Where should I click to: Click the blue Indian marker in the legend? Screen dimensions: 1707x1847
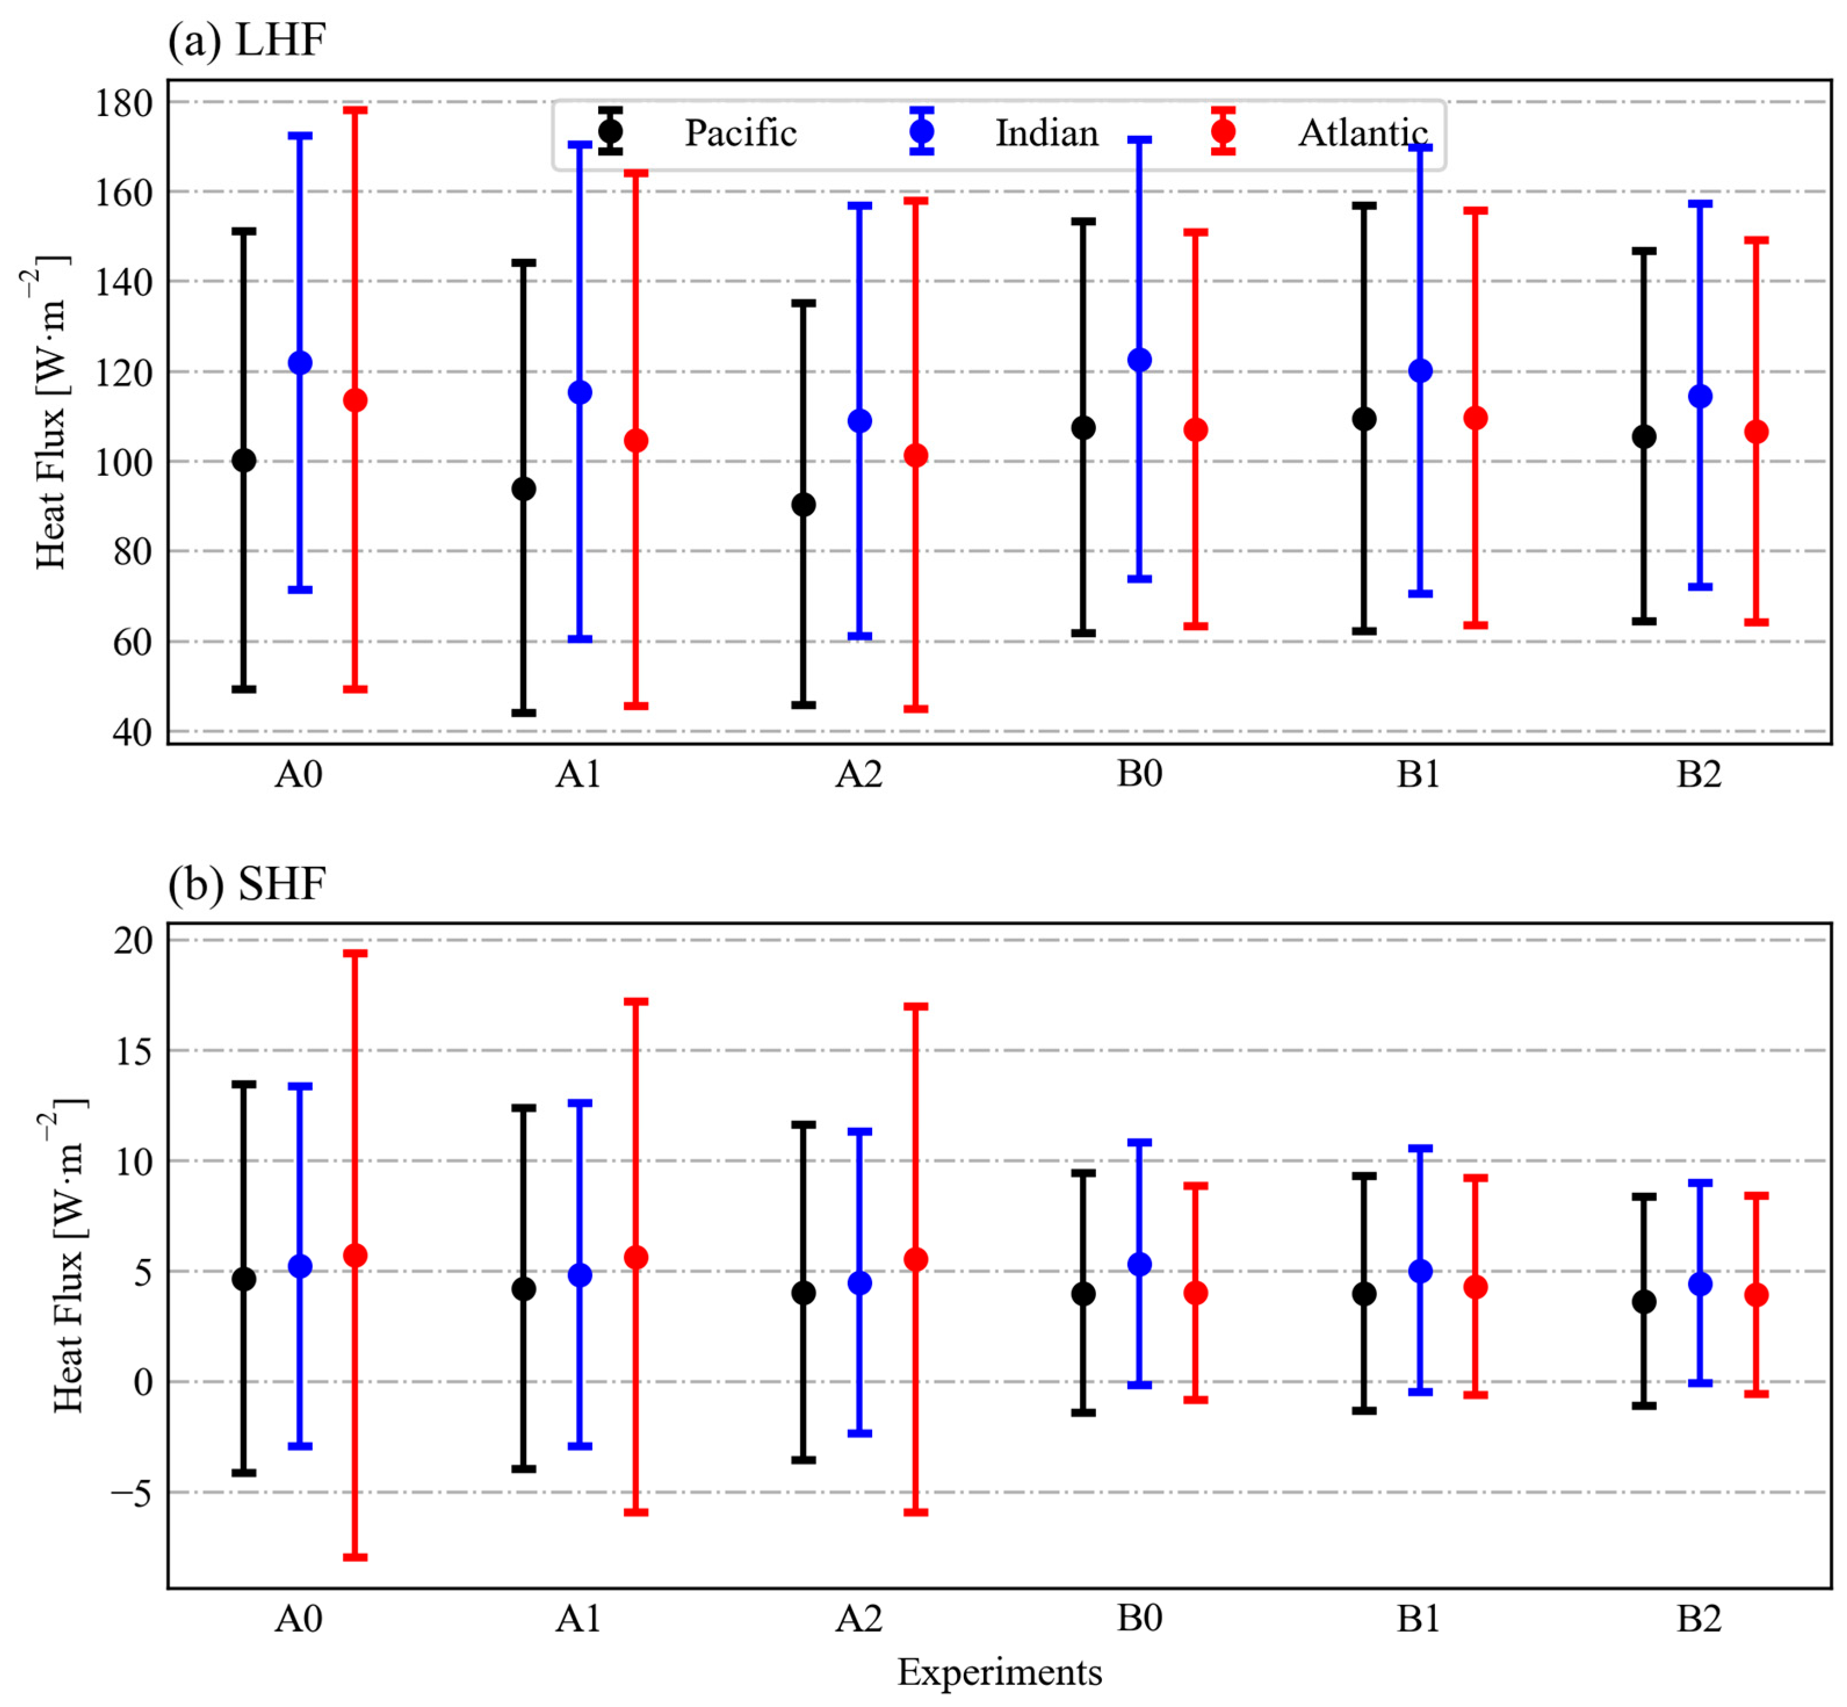(921, 131)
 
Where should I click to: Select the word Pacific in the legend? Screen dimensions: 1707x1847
(740, 133)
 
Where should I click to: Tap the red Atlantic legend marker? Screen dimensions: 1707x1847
(1223, 131)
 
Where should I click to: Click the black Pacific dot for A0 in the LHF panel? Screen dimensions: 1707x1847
(244, 460)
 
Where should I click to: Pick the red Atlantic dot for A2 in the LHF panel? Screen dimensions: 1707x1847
(916, 455)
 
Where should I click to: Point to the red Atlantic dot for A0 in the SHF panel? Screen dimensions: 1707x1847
(356, 1256)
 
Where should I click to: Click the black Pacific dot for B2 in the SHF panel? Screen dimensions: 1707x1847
(1644, 1301)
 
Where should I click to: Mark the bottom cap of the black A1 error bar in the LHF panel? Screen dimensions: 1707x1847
(524, 713)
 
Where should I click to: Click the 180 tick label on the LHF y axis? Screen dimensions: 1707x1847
(123, 103)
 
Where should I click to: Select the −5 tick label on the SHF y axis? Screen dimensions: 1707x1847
(131, 1493)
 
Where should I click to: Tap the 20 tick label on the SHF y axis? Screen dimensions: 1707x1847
(133, 941)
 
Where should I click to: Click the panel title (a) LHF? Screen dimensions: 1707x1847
(247, 41)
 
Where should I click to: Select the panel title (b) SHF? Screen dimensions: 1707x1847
(247, 884)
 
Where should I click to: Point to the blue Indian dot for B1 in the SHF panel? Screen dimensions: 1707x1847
(1420, 1271)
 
